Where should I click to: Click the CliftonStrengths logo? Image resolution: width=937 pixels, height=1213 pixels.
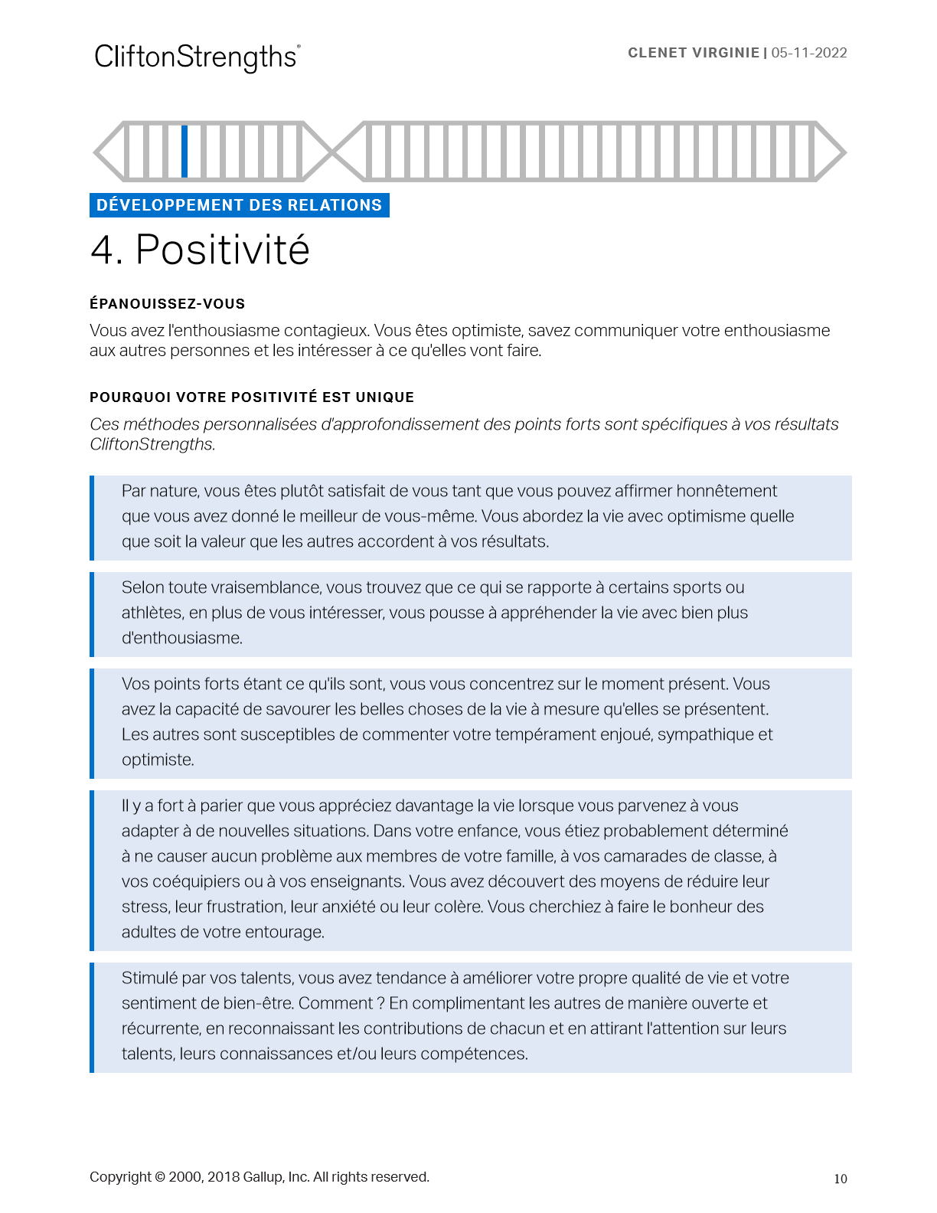click(x=197, y=57)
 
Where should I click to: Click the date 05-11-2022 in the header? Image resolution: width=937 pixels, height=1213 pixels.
click(x=809, y=53)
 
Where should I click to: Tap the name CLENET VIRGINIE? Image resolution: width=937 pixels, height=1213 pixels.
click(x=694, y=53)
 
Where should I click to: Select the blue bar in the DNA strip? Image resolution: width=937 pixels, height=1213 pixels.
click(x=184, y=151)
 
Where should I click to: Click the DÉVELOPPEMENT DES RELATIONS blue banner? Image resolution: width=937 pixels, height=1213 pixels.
click(x=239, y=205)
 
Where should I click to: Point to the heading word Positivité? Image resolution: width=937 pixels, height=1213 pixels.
click(x=222, y=250)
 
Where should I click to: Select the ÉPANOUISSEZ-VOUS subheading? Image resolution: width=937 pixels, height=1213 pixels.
click(x=167, y=304)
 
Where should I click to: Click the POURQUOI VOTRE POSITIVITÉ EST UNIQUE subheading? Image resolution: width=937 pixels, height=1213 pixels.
click(x=252, y=397)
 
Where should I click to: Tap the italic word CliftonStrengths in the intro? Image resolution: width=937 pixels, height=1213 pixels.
click(x=152, y=444)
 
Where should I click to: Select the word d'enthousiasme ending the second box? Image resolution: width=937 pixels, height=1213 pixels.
click(x=181, y=638)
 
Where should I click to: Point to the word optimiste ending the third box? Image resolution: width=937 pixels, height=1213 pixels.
click(x=157, y=760)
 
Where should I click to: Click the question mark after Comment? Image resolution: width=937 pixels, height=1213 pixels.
click(x=380, y=1003)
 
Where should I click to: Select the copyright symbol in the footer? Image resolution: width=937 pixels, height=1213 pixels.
click(x=159, y=1177)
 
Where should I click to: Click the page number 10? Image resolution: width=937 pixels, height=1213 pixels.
click(x=841, y=1179)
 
